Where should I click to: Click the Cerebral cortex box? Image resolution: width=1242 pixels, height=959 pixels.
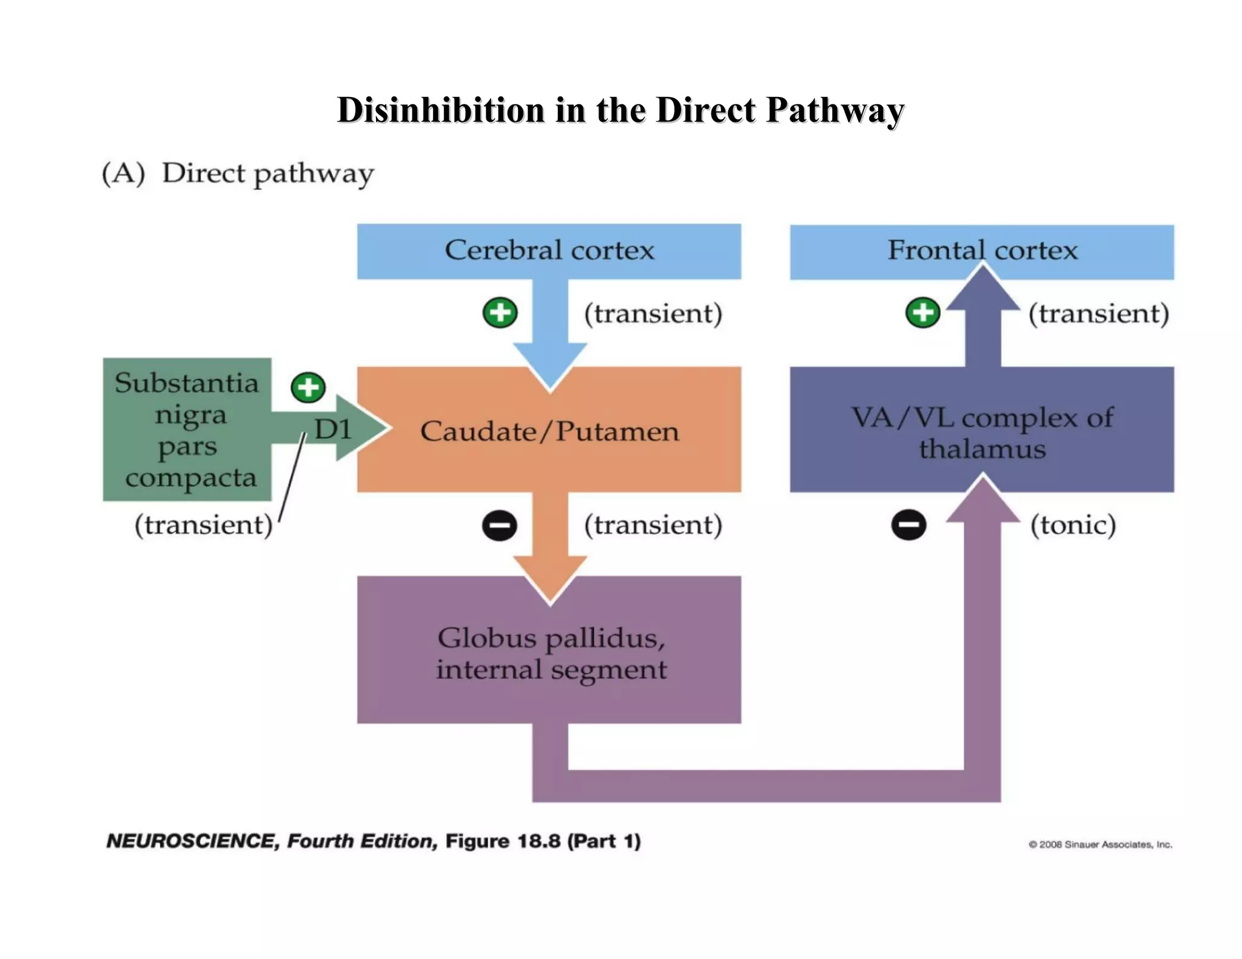(x=549, y=251)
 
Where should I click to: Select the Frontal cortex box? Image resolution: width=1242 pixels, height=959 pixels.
(x=982, y=250)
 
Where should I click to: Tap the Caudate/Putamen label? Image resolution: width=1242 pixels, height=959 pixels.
(x=549, y=431)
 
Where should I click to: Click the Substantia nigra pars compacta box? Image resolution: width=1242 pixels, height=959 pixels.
(x=187, y=429)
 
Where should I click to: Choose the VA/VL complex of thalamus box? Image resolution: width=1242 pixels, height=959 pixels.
(x=982, y=432)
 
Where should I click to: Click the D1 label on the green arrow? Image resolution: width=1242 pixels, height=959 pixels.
(x=333, y=430)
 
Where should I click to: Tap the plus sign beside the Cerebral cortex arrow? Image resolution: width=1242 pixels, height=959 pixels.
(x=500, y=313)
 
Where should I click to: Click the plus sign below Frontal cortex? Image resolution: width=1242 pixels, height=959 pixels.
(x=922, y=313)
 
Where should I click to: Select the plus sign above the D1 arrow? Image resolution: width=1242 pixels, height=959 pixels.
(x=308, y=387)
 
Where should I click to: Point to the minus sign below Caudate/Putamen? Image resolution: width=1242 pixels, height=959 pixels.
(x=500, y=525)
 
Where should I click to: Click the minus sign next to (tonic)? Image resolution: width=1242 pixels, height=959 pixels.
(x=908, y=525)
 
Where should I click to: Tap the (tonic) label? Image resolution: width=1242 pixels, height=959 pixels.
(x=1073, y=525)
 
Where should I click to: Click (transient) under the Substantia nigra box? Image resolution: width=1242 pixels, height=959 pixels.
(x=204, y=525)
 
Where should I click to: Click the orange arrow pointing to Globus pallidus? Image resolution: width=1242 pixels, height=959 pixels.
(x=550, y=546)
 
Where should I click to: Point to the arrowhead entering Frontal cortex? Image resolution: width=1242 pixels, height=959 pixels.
(x=982, y=291)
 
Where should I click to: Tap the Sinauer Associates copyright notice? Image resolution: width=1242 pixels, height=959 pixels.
(x=1100, y=844)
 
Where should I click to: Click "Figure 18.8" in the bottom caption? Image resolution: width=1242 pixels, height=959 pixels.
(x=503, y=841)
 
